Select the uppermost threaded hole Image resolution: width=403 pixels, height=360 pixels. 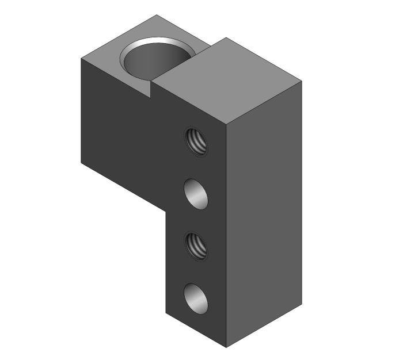point(196,141)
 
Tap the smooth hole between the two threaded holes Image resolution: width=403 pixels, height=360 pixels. point(196,194)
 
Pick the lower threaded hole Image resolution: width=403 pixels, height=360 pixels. point(196,246)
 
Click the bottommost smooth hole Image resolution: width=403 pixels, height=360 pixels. point(196,298)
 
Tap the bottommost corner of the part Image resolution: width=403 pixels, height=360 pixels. point(226,347)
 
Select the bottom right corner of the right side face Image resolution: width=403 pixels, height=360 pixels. point(302,304)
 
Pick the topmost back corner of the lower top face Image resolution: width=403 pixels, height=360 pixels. point(157,15)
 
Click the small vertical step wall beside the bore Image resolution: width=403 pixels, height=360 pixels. point(154,86)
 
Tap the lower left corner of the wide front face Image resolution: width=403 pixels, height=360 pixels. point(81,163)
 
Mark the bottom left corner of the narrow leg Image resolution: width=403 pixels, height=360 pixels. point(166,313)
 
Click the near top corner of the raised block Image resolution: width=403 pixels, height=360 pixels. point(226,124)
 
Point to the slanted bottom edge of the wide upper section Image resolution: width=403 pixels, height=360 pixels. point(124,187)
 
